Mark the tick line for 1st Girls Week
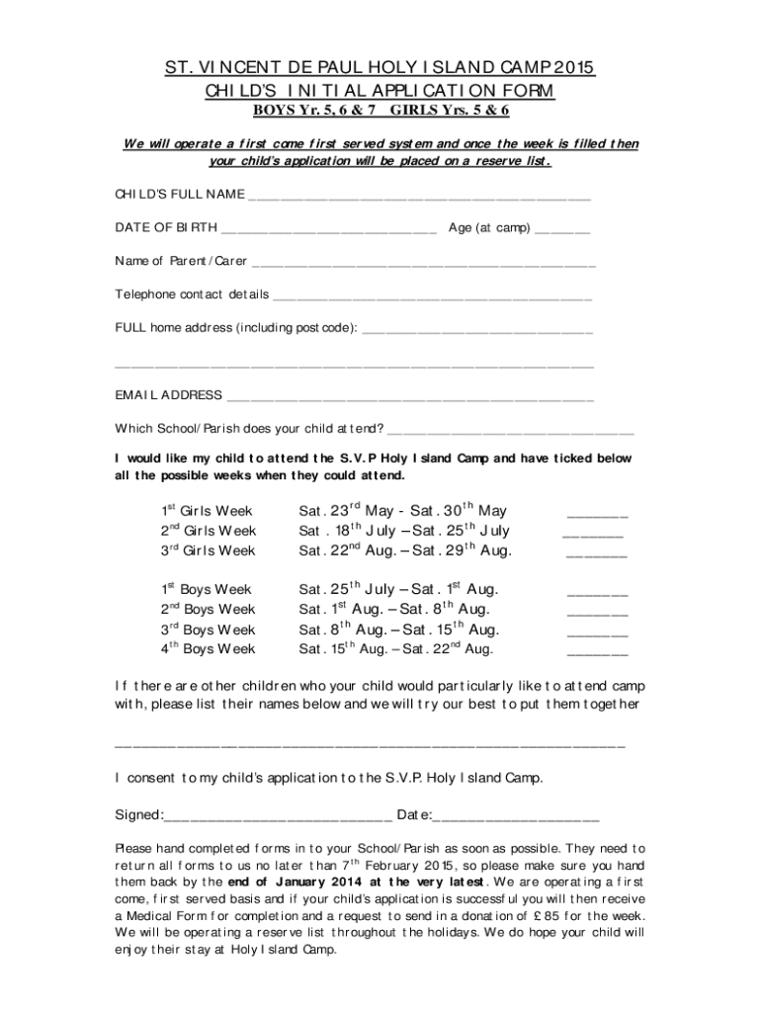point(597,515)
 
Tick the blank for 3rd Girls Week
point(596,555)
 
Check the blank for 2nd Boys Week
point(597,614)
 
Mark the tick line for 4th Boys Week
point(597,653)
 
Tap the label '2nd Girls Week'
point(208,531)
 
